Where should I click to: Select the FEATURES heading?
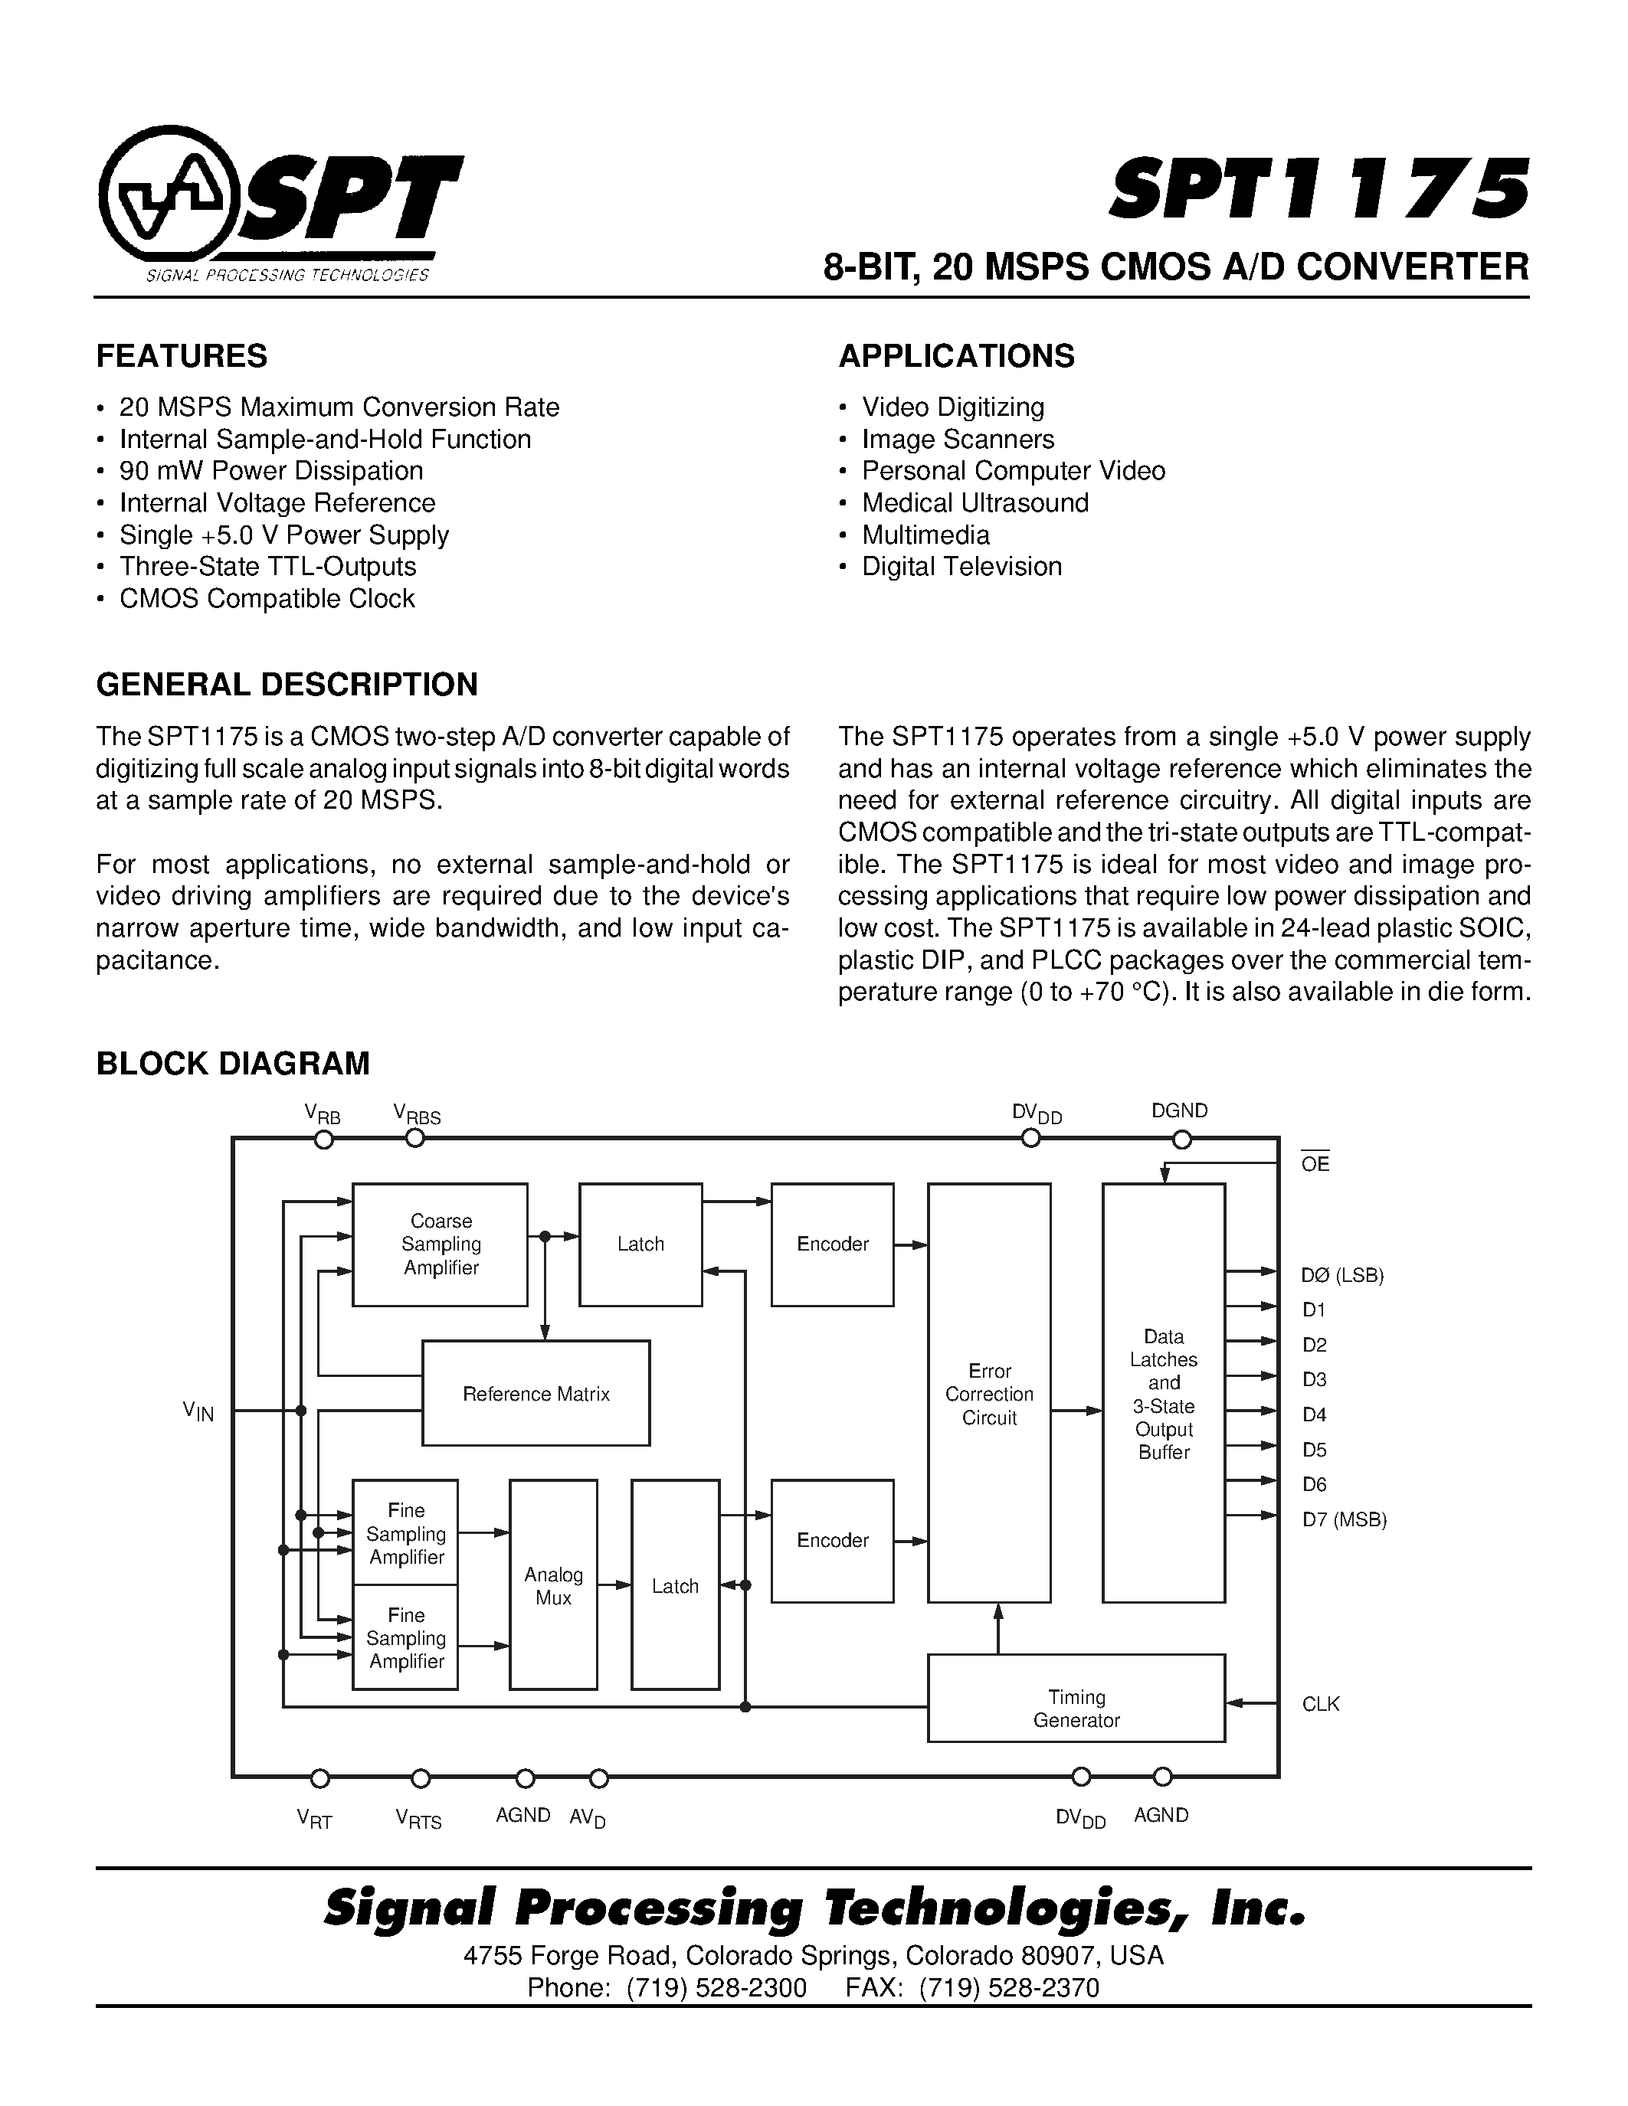pyautogui.click(x=182, y=356)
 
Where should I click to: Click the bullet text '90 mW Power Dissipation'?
pyautogui.click(x=271, y=470)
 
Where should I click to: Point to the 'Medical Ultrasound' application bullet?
pyautogui.click(x=975, y=502)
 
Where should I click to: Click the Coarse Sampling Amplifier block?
pyautogui.click(x=440, y=1244)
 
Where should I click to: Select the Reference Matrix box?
pyautogui.click(x=536, y=1393)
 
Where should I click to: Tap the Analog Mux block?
pyautogui.click(x=554, y=1586)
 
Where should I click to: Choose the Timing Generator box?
pyautogui.click(x=1076, y=1708)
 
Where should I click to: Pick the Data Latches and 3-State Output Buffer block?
pyautogui.click(x=1163, y=1393)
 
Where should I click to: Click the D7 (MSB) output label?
pyautogui.click(x=1344, y=1519)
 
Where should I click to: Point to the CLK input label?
pyautogui.click(x=1320, y=1704)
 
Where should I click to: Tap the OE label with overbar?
pyautogui.click(x=1315, y=1163)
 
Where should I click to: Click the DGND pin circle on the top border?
pyautogui.click(x=1181, y=1140)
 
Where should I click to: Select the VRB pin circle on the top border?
pyautogui.click(x=325, y=1140)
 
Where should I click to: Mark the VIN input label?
pyautogui.click(x=198, y=1413)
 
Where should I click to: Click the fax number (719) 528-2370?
pyautogui.click(x=1009, y=1987)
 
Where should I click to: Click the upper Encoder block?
pyautogui.click(x=832, y=1244)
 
